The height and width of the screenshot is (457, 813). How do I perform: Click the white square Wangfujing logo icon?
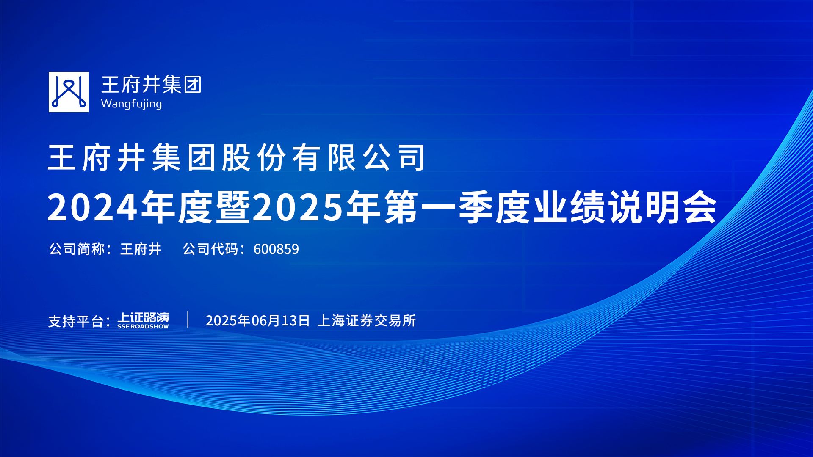69,92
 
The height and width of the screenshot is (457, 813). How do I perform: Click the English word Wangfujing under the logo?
131,104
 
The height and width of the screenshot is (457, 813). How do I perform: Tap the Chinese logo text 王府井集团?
151,84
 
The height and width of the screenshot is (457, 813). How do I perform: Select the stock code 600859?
276,249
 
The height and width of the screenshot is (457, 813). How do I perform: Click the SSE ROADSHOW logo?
143,321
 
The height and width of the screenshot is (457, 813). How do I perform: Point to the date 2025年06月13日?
258,321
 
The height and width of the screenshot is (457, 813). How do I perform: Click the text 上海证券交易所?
367,321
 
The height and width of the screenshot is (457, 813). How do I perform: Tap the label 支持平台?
76,321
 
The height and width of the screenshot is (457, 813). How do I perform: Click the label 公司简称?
77,249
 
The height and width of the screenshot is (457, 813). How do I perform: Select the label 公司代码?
210,249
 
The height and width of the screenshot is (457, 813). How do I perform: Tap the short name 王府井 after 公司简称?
141,249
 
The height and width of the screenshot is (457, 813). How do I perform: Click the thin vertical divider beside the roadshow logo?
188,320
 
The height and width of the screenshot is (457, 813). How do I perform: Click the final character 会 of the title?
699,207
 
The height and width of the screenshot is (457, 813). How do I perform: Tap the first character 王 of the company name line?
62,157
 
